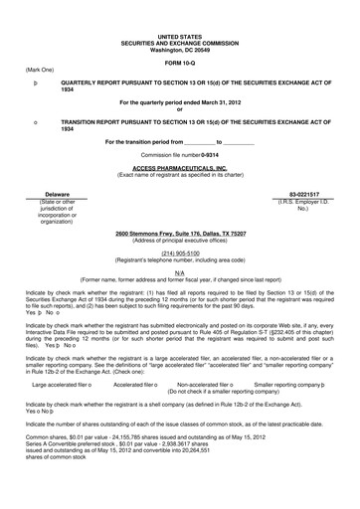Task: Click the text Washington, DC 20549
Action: (x=179, y=46)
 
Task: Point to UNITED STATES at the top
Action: (x=179, y=34)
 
